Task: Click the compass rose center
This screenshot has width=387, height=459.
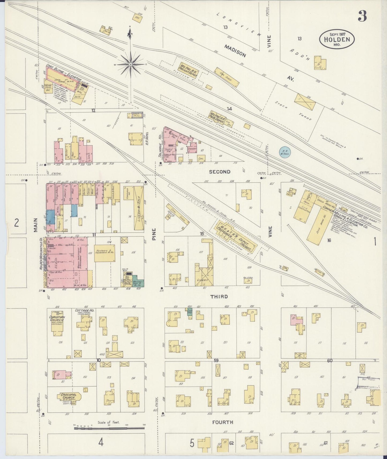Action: point(130,65)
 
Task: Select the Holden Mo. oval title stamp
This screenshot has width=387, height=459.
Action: point(337,39)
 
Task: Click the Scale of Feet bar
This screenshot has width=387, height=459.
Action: point(109,428)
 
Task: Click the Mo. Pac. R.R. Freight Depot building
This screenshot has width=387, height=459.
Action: point(189,70)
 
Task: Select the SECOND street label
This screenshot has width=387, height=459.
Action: point(219,172)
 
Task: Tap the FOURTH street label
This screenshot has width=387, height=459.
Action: point(222,422)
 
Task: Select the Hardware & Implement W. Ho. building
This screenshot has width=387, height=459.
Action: point(104,253)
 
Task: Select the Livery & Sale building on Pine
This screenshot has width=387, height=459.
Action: point(139,208)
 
